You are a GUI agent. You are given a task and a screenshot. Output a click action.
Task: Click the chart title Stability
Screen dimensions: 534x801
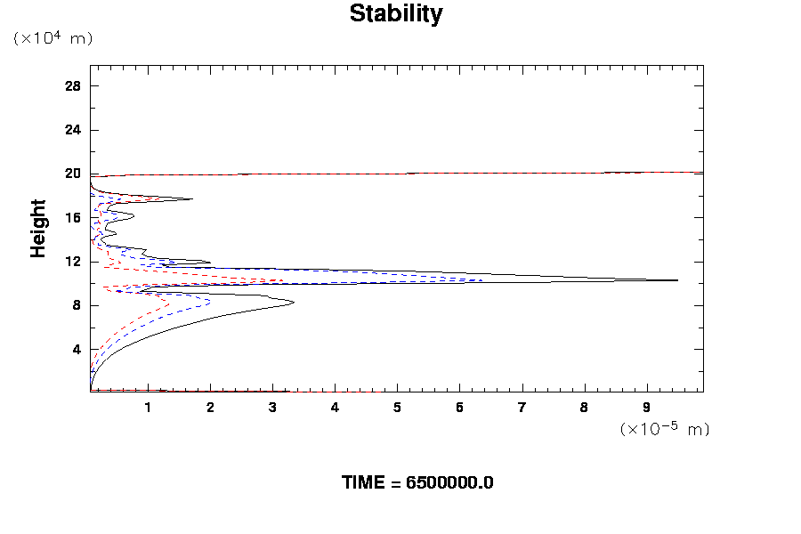(x=395, y=14)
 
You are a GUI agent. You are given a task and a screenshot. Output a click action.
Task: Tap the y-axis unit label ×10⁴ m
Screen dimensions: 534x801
(x=53, y=38)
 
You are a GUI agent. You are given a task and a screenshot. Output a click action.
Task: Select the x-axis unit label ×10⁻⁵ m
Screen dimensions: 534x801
(x=665, y=429)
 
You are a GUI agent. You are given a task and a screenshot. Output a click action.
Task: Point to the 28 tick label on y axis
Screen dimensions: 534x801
(x=73, y=86)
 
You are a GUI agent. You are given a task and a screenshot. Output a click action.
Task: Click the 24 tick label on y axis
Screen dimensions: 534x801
(x=73, y=130)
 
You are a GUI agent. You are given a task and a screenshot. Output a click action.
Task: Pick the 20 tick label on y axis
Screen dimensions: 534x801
(x=73, y=174)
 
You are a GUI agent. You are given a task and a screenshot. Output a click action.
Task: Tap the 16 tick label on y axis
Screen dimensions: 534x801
(x=73, y=218)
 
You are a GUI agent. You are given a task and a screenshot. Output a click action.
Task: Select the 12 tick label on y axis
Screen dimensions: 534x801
(x=73, y=262)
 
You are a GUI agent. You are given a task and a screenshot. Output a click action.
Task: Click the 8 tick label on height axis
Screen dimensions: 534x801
(x=77, y=305)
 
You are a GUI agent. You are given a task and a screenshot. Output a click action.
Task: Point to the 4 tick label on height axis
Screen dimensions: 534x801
(x=77, y=349)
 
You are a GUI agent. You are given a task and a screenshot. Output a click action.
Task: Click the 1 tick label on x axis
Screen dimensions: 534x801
(x=148, y=408)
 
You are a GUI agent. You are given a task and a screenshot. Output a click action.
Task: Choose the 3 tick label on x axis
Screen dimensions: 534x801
(x=272, y=408)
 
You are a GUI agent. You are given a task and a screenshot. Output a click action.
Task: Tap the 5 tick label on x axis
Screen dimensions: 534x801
(x=397, y=408)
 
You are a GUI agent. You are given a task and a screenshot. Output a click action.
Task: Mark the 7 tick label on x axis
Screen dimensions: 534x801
(x=522, y=408)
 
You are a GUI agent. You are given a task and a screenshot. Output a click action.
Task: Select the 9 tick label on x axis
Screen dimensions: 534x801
(x=646, y=408)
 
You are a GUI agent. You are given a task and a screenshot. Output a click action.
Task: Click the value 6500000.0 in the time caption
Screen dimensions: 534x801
(x=449, y=482)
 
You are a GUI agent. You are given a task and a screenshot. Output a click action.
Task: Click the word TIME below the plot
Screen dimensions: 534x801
(x=364, y=482)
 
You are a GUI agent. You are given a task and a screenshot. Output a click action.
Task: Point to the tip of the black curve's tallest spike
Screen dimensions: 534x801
(x=678, y=280)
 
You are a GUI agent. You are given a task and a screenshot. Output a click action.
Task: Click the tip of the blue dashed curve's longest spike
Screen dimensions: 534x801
(x=482, y=280)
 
